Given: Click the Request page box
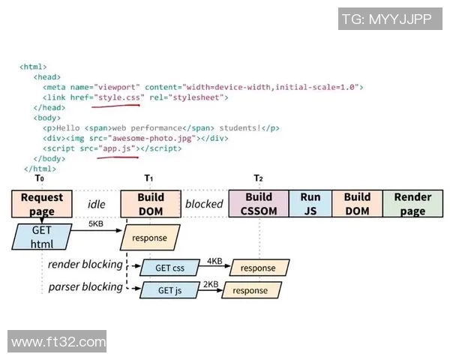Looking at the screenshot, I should [x=42, y=204].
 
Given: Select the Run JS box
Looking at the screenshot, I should [x=310, y=204].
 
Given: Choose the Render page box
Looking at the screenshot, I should [x=412, y=204].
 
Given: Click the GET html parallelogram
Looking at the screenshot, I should [x=42, y=237].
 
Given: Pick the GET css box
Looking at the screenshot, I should [x=169, y=268].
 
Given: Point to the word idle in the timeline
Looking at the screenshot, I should [x=97, y=204].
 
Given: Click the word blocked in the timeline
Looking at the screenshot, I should [x=204, y=204].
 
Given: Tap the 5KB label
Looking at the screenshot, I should [x=96, y=223].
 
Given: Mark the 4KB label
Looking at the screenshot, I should [x=214, y=261].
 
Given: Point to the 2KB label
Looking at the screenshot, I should [x=211, y=284].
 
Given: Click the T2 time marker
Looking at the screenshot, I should [x=258, y=178].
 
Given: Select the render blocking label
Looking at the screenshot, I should [x=85, y=264].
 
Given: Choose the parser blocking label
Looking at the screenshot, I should [x=85, y=286].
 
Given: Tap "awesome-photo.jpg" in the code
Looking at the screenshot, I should [x=152, y=139].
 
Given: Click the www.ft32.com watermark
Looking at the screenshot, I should [x=58, y=342].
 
